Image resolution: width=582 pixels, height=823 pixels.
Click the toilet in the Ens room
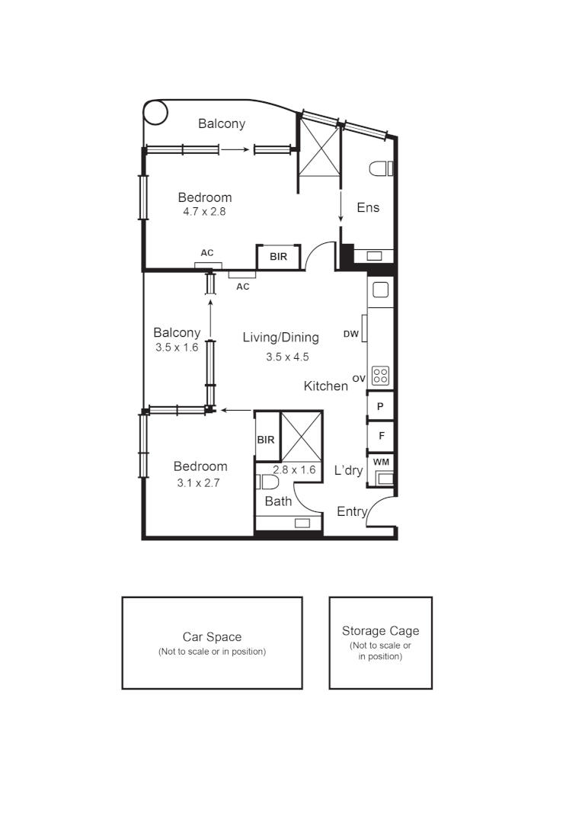[x=380, y=169]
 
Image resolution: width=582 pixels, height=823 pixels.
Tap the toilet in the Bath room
[x=267, y=482]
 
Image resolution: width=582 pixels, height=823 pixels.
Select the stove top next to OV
[x=380, y=376]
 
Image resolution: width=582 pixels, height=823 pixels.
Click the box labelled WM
[x=380, y=462]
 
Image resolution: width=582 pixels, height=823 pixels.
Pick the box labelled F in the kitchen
[x=381, y=435]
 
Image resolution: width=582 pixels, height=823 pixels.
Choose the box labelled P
[x=380, y=406]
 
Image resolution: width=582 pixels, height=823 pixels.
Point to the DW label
[x=350, y=334]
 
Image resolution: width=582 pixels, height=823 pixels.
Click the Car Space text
[x=212, y=637]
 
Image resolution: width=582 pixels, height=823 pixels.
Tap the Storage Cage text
[x=380, y=631]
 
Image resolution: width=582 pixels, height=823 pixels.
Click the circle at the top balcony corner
[x=155, y=113]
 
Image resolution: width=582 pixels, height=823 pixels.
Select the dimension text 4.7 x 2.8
[x=204, y=212]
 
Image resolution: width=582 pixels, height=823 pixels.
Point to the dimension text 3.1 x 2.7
[x=198, y=482]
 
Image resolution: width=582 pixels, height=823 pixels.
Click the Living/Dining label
[x=280, y=338]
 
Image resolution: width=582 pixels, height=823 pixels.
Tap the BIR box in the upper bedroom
[x=279, y=257]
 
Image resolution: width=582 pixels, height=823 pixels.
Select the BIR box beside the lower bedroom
[x=266, y=440]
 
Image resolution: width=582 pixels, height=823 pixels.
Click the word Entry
[x=352, y=511]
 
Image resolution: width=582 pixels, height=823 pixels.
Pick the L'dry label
[x=349, y=471]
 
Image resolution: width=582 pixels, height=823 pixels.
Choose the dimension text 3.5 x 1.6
[x=176, y=347]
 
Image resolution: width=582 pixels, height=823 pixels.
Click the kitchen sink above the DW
[x=380, y=290]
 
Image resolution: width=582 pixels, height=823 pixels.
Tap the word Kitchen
[x=326, y=386]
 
